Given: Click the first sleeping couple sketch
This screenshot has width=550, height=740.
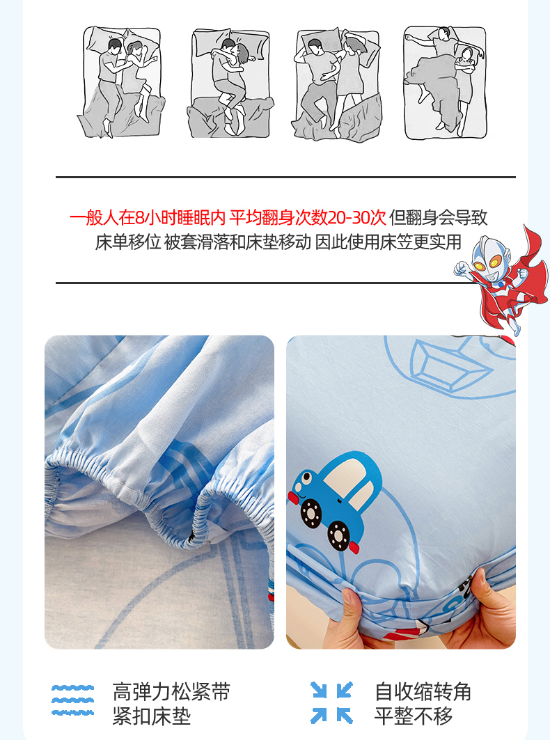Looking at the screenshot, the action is [121, 82].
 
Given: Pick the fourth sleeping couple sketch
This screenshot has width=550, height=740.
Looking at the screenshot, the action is [445, 82].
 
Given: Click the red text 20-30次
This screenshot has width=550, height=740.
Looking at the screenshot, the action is [356, 218].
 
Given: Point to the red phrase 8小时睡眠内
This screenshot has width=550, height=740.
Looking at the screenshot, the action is [180, 218].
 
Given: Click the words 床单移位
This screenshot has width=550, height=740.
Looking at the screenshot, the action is [128, 242].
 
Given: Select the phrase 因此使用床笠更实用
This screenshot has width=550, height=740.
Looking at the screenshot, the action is [388, 242].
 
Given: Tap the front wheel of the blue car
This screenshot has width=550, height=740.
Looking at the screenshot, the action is [311, 513].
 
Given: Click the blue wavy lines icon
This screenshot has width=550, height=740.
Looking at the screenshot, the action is [72, 700].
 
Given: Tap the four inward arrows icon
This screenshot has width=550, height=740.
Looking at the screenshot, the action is [332, 702].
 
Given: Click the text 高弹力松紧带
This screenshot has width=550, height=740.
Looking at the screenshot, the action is [171, 692].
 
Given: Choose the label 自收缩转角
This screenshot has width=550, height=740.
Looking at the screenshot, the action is [423, 692].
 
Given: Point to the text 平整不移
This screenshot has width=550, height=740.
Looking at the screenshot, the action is [414, 716].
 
